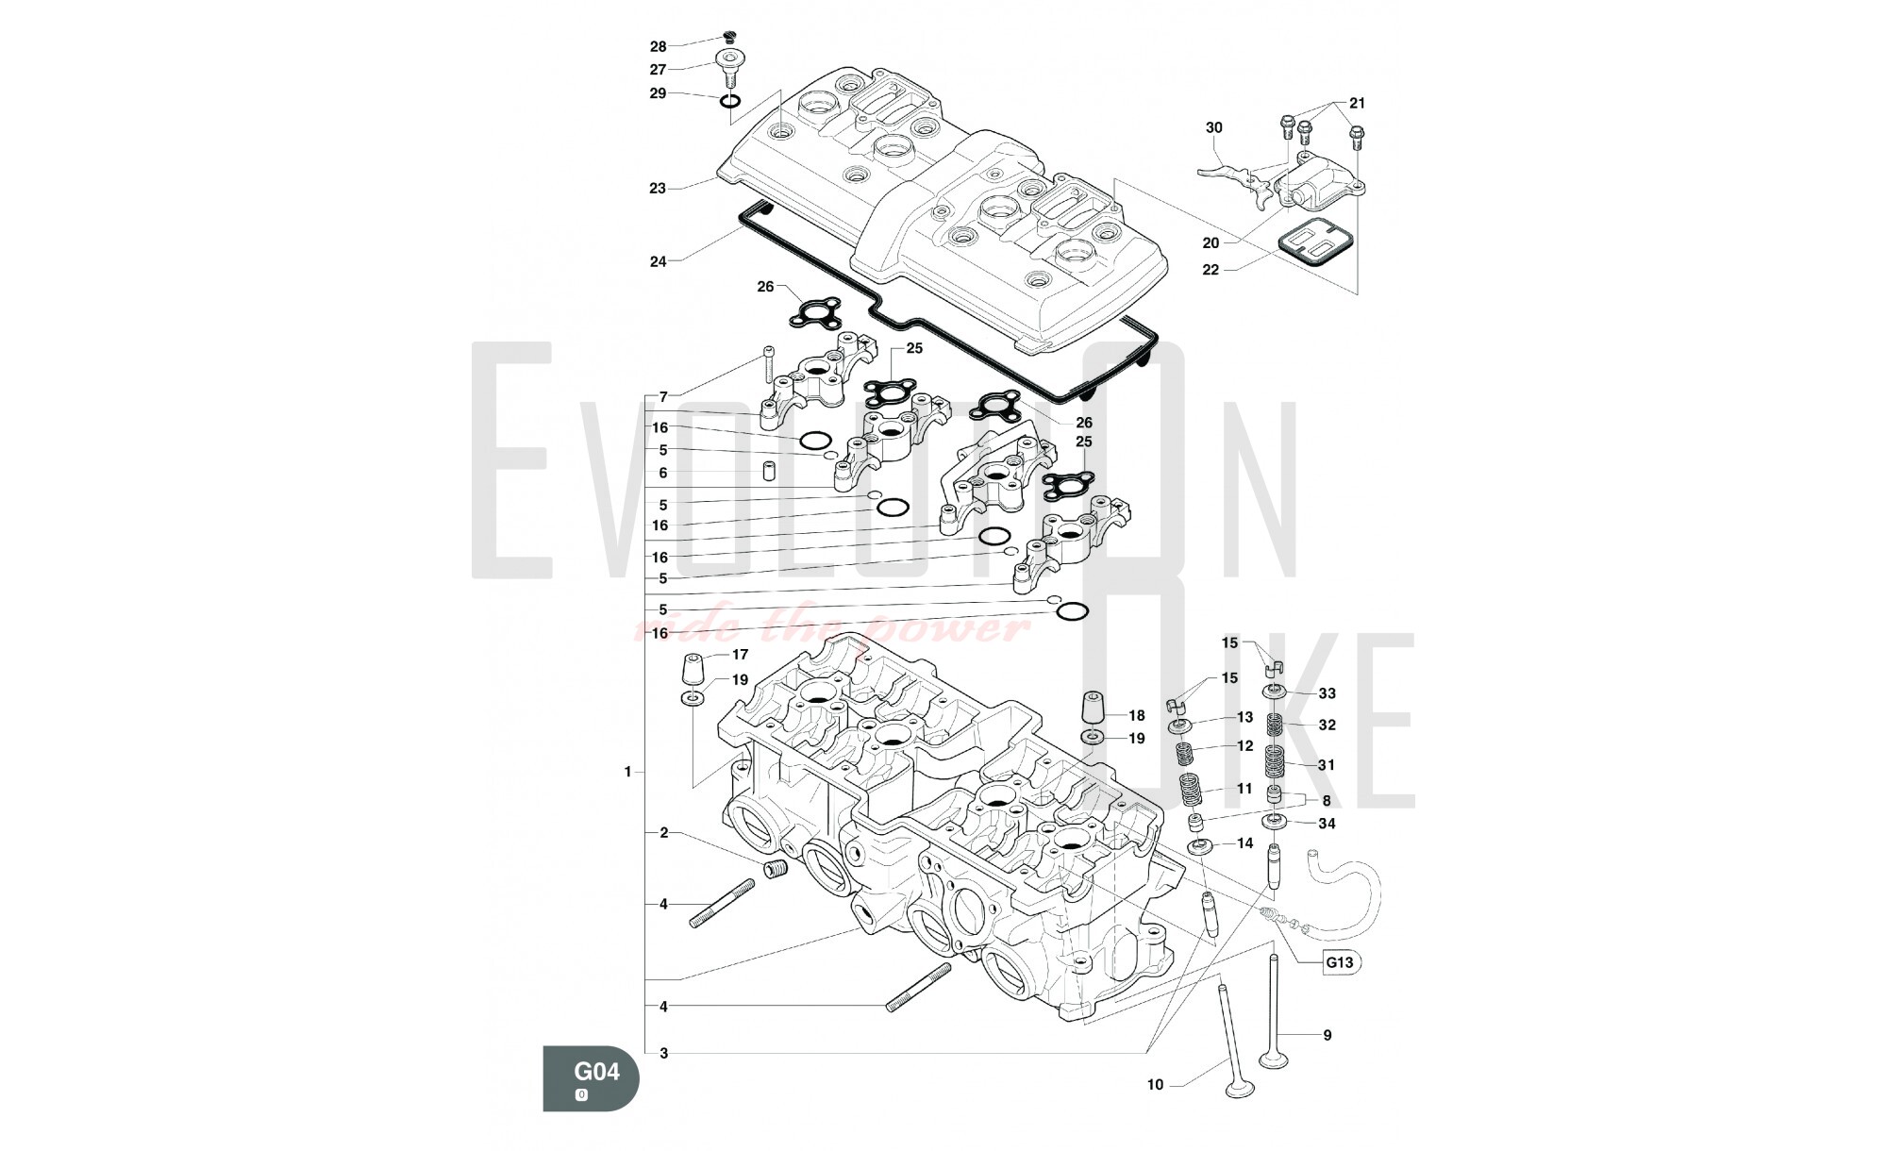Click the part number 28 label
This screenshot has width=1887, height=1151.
(x=658, y=46)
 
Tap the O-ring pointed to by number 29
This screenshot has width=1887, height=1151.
(x=729, y=101)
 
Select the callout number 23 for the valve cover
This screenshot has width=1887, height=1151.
(x=658, y=189)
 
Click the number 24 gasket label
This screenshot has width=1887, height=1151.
(x=658, y=261)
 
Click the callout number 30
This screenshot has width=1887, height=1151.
(x=1213, y=127)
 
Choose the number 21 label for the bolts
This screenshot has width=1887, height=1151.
(x=1357, y=103)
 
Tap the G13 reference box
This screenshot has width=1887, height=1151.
(x=1340, y=962)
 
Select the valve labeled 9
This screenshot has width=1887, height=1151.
(x=1274, y=1019)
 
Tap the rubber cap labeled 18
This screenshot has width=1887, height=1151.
(x=1093, y=710)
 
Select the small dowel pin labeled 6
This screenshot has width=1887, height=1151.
(x=768, y=470)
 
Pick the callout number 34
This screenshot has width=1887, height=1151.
(x=1327, y=824)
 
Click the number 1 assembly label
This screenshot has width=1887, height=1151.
(x=627, y=772)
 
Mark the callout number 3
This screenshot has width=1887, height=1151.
(x=664, y=1053)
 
